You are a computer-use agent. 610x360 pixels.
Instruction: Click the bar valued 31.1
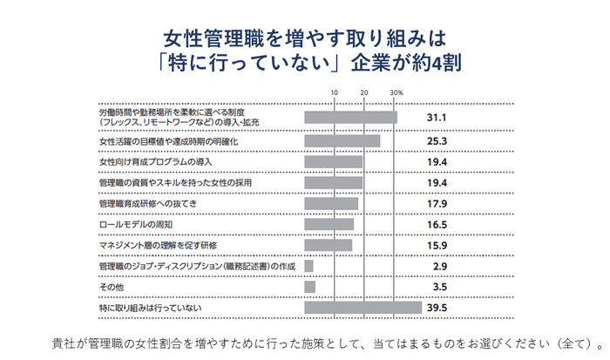click(x=350, y=118)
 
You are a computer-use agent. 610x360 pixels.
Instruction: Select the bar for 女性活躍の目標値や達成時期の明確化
click(x=342, y=141)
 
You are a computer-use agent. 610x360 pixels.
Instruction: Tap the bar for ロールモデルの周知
click(x=329, y=225)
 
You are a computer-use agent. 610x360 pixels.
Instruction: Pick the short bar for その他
click(x=309, y=287)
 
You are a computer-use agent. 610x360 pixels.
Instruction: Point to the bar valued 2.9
click(x=308, y=266)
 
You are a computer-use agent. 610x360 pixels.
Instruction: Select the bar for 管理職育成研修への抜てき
click(x=331, y=204)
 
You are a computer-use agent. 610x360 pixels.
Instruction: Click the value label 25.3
click(x=437, y=141)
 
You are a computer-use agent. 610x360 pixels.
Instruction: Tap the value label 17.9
click(x=437, y=204)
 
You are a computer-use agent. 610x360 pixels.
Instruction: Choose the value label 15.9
click(x=437, y=246)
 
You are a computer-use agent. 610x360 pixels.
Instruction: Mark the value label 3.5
click(x=440, y=287)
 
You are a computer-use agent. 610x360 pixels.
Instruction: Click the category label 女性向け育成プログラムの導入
click(x=155, y=162)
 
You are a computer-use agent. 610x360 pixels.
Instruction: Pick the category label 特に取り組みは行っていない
click(x=151, y=308)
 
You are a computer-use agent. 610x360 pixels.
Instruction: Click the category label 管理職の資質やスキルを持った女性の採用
click(x=176, y=183)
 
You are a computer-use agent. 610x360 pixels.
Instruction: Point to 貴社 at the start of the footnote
click(x=64, y=339)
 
